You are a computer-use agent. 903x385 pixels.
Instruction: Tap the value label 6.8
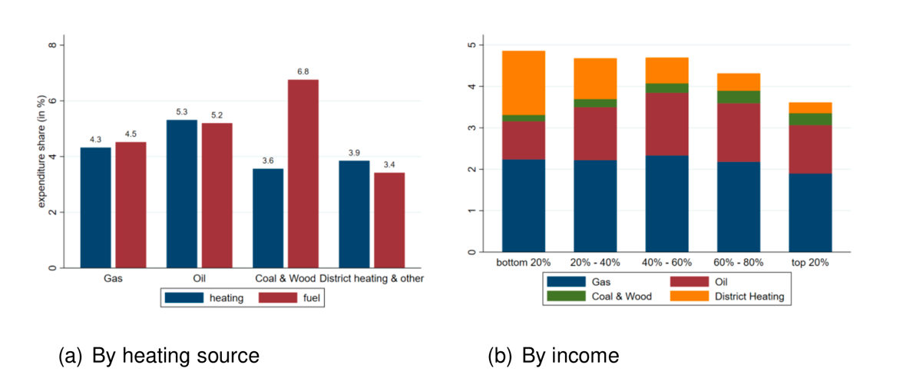(x=303, y=72)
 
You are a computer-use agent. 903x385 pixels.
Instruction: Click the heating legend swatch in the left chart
(x=185, y=297)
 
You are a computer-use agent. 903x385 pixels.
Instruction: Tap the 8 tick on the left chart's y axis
(x=51, y=45)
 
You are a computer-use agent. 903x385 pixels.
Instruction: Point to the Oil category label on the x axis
(x=196, y=277)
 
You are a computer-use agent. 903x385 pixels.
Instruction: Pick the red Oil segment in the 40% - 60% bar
(x=666, y=124)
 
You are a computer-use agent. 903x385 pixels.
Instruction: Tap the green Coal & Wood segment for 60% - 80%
(x=739, y=97)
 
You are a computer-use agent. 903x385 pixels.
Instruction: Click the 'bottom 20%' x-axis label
(x=523, y=263)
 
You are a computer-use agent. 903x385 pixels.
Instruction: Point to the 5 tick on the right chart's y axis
(x=469, y=45)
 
